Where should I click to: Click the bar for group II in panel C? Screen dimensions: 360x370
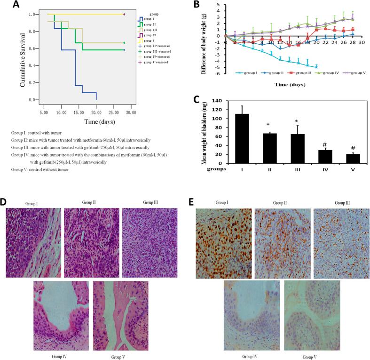268,148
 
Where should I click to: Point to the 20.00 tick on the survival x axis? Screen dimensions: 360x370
96,113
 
